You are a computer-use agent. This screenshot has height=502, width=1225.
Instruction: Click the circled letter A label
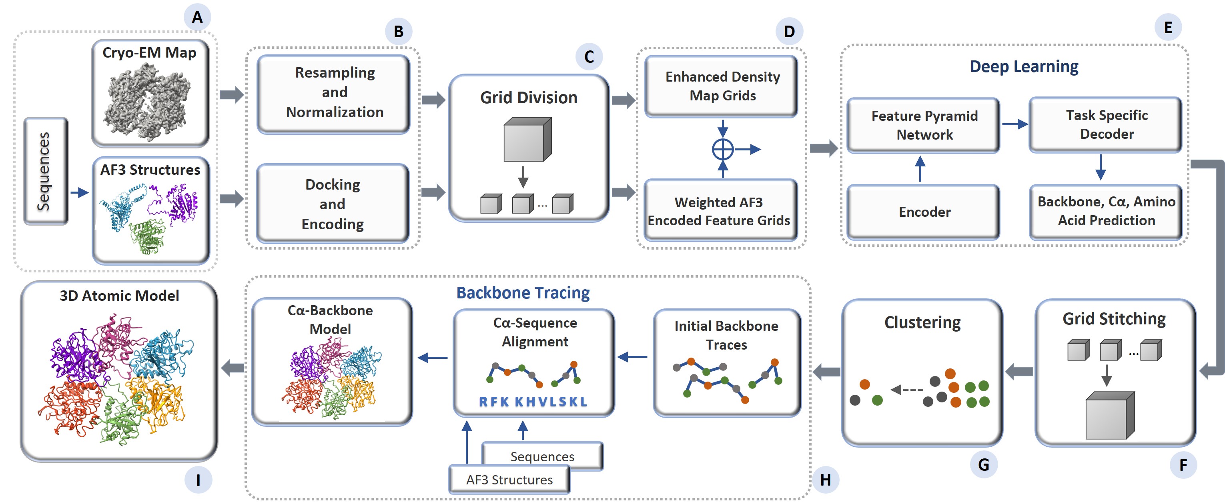[197, 18]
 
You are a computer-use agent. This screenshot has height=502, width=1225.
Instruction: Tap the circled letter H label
[825, 480]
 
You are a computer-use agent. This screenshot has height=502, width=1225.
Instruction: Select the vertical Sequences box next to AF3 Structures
[46, 171]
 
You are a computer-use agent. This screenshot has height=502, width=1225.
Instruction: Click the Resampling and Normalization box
[334, 93]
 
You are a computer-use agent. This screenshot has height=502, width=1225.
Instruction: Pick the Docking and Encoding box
[333, 204]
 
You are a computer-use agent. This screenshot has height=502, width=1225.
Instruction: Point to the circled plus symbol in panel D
[722, 150]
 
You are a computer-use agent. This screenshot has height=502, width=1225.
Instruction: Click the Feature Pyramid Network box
[924, 125]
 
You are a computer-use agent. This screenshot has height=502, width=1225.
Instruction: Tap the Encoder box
[924, 212]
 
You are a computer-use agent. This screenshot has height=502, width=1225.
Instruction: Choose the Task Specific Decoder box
[1106, 124]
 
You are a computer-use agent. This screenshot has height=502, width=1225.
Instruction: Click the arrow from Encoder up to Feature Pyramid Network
[920, 169]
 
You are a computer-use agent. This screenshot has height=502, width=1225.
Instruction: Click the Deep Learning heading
[1023, 66]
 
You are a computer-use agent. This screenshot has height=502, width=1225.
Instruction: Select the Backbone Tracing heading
[523, 293]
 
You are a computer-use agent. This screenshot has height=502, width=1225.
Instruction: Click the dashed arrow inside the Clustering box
[907, 390]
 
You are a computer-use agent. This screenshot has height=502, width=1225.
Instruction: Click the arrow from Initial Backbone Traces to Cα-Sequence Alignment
[632, 356]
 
